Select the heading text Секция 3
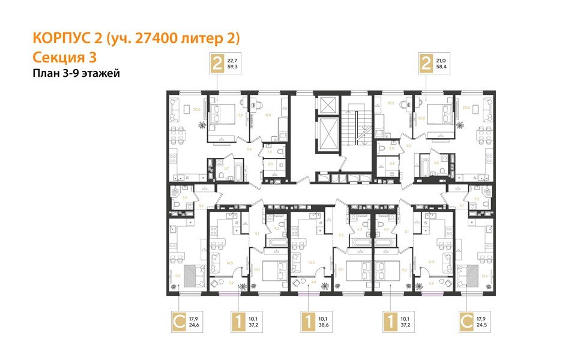click(63, 58)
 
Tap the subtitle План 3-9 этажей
click(76, 73)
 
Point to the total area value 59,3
click(232, 67)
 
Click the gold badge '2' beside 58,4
click(426, 62)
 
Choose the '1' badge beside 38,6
click(307, 319)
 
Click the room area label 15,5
click(312, 262)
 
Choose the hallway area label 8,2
click(408, 146)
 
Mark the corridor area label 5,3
click(340, 235)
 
